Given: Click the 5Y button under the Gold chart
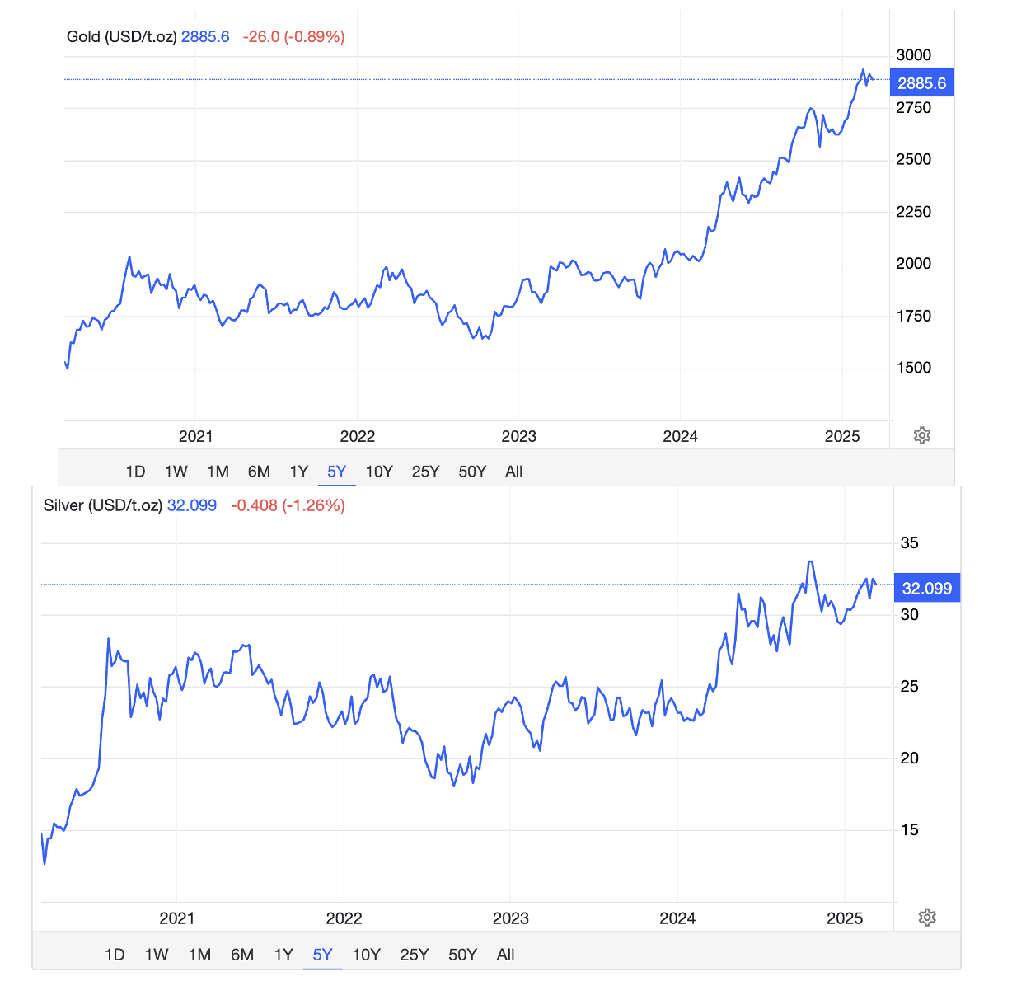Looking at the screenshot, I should tap(336, 472).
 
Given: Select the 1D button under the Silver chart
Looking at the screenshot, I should tap(115, 955).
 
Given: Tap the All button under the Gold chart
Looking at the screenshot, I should tap(513, 472).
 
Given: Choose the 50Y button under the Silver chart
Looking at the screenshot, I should tap(462, 955).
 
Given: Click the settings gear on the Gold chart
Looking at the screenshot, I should tap(922, 435).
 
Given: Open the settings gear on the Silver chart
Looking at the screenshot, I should tap(927, 918).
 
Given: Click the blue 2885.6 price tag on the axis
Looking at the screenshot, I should tap(922, 83).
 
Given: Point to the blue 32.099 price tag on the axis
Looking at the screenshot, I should tap(927, 589).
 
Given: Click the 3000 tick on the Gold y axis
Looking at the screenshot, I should tap(913, 55).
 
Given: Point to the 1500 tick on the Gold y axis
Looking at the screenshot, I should tap(913, 368).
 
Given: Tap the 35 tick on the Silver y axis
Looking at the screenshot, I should tap(909, 543).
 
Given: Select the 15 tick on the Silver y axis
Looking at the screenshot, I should tap(909, 830).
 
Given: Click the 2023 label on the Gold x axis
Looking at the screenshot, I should tap(518, 437).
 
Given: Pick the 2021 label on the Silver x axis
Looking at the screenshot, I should tap(177, 918).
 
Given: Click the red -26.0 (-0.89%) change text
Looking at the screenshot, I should tap(293, 37).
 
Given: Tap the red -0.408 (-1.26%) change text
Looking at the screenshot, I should tap(288, 505).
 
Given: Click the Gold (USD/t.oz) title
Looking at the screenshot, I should tap(121, 37).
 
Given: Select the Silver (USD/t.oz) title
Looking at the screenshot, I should tap(102, 505).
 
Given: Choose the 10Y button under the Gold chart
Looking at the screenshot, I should tap(379, 472).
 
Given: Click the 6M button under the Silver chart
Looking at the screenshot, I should tap(242, 955).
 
